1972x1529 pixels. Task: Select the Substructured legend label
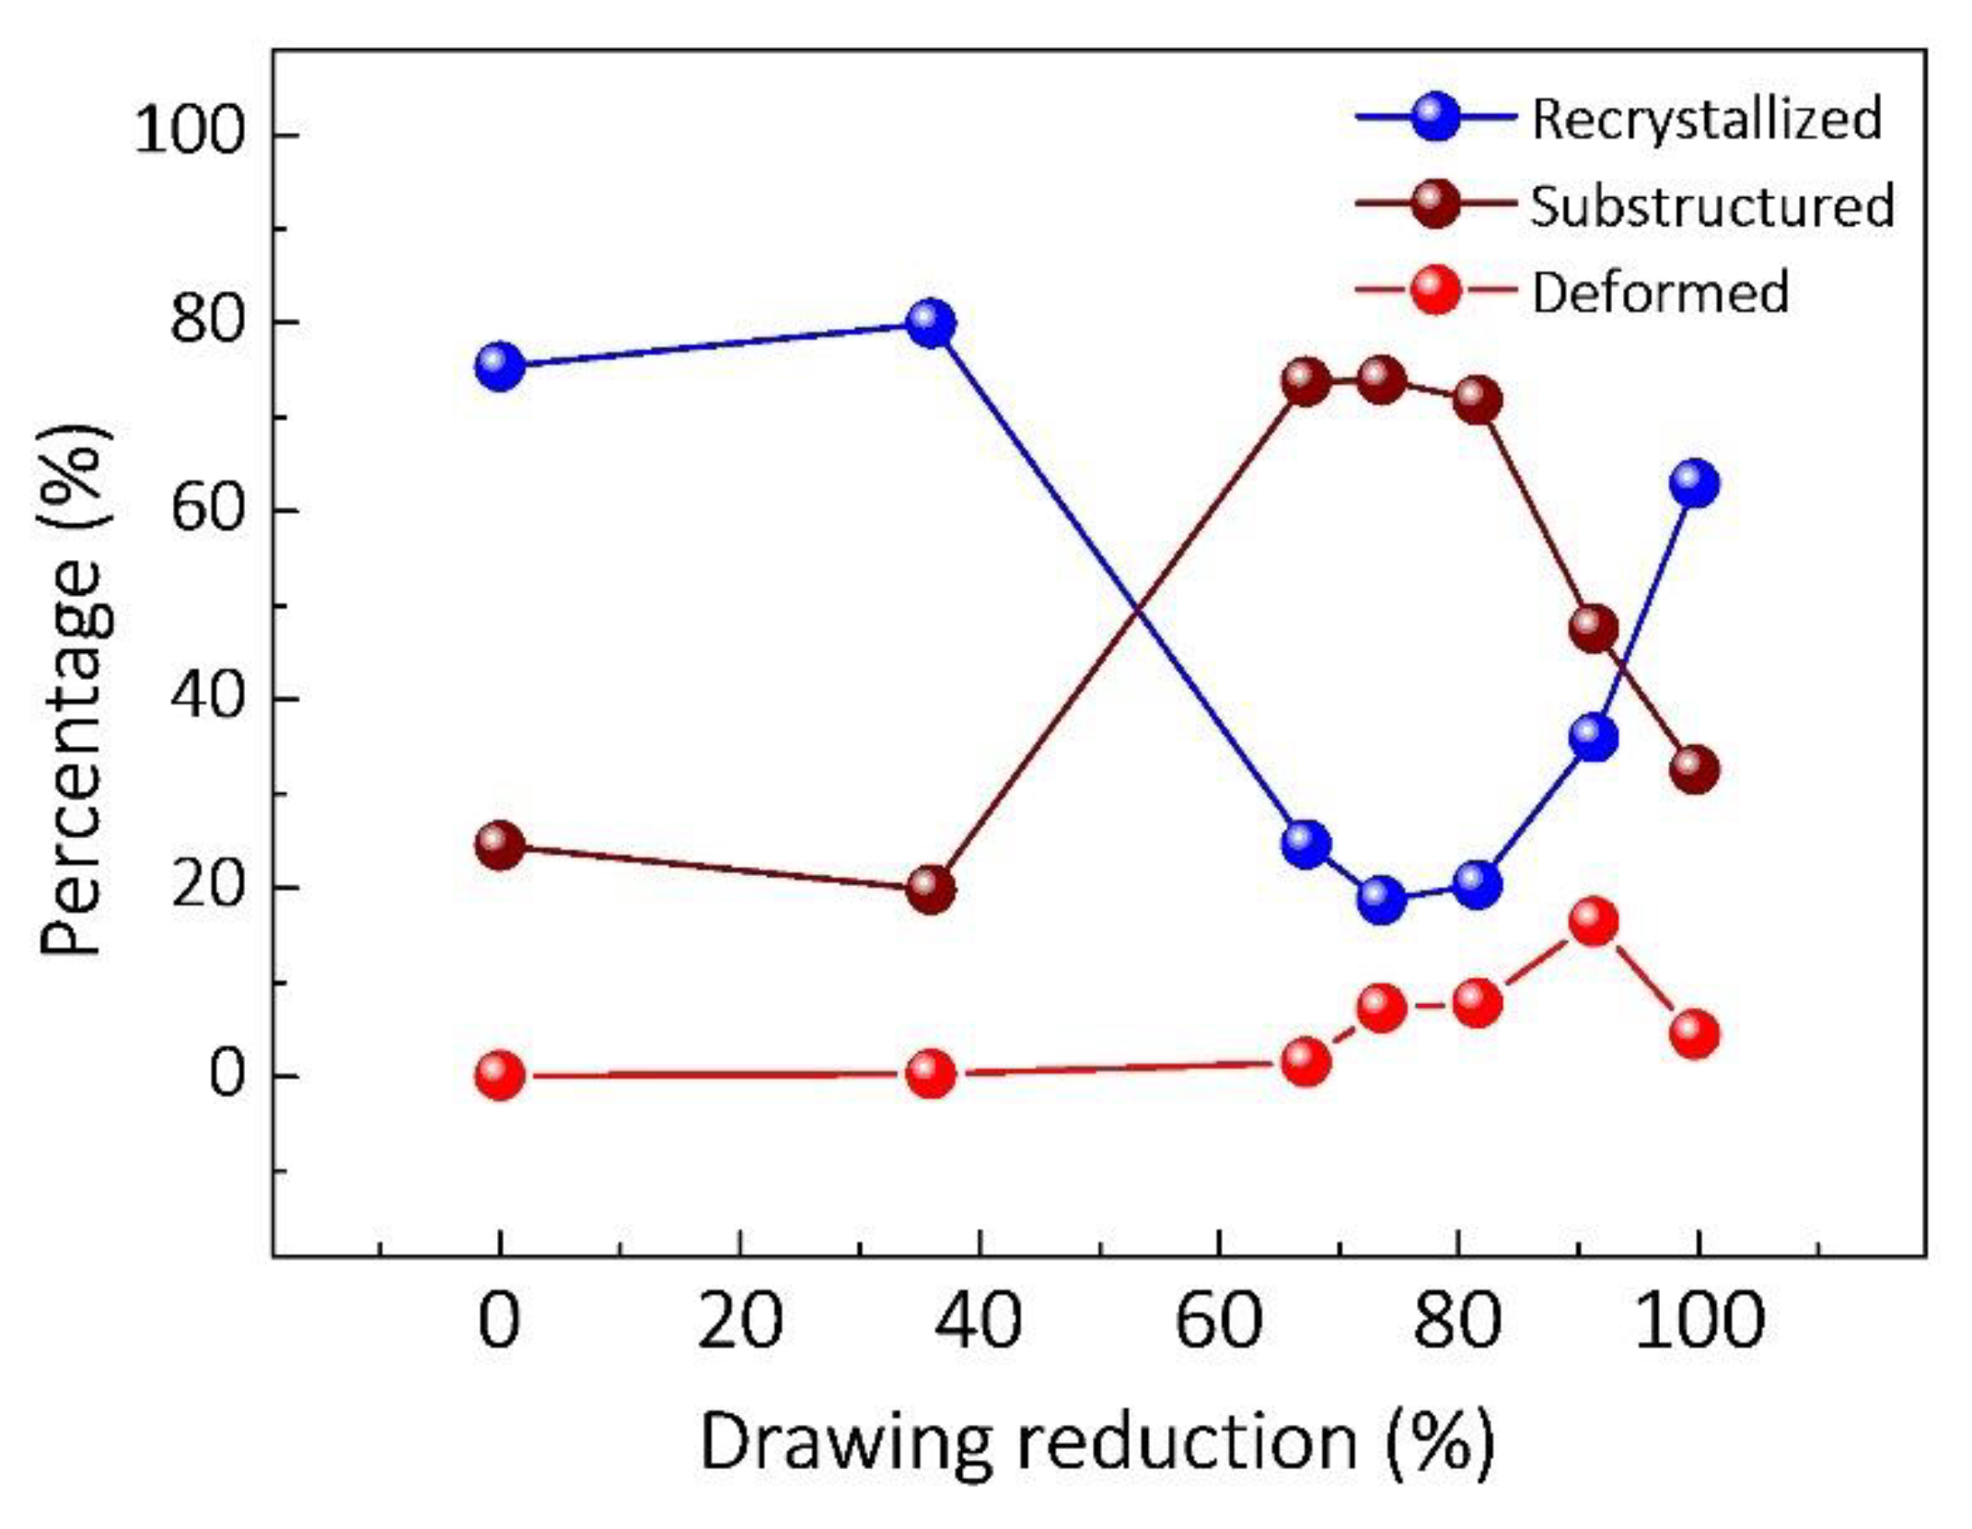[x=1711, y=205]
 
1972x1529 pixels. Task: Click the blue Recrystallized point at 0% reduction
[x=500, y=366]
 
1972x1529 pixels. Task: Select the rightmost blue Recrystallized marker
[x=1695, y=484]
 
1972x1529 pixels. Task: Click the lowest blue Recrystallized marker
[x=1381, y=898]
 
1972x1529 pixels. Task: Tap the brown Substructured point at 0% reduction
[x=500, y=845]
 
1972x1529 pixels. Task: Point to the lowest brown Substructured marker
[x=931, y=889]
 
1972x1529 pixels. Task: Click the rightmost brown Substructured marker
[x=1695, y=768]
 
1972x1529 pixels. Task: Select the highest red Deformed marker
[x=1594, y=921]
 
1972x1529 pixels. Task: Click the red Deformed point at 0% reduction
[x=500, y=1075]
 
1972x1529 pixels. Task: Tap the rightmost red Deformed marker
[x=1695, y=1034]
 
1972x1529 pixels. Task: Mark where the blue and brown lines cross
[x=1139, y=608]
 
